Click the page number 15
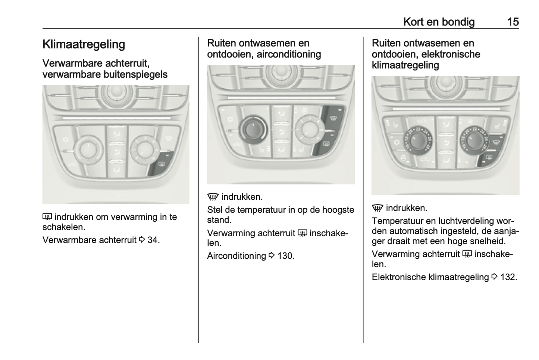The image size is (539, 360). (513, 22)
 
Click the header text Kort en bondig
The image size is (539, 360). (439, 22)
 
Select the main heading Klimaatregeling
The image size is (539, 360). (84, 44)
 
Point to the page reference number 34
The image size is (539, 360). (153, 240)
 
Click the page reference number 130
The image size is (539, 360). (286, 256)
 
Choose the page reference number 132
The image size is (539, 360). (508, 277)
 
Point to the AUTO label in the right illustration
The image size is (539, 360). (422, 121)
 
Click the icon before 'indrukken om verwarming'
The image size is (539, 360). (47, 217)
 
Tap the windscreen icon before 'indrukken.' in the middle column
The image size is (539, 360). (213, 197)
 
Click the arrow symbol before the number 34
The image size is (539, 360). (142, 240)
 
